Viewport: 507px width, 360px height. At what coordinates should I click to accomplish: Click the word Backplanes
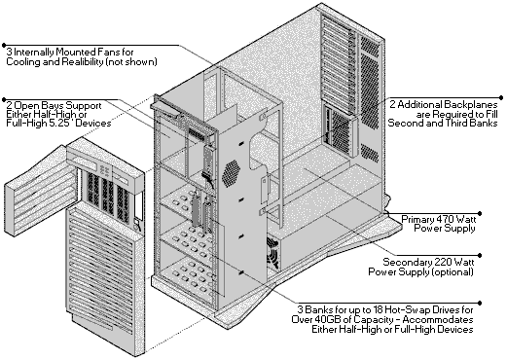[x=470, y=104]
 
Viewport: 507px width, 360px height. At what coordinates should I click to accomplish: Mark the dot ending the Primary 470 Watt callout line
[x=480, y=213]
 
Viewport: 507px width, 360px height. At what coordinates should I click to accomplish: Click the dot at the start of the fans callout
[x=4, y=45]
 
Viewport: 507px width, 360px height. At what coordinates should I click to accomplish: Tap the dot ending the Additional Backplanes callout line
[x=501, y=97]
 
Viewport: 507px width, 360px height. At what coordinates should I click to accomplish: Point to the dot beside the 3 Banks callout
[x=480, y=304]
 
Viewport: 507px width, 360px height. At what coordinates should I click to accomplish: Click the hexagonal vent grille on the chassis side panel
[x=231, y=172]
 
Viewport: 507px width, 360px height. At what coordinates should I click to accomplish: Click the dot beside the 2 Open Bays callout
[x=4, y=99]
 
